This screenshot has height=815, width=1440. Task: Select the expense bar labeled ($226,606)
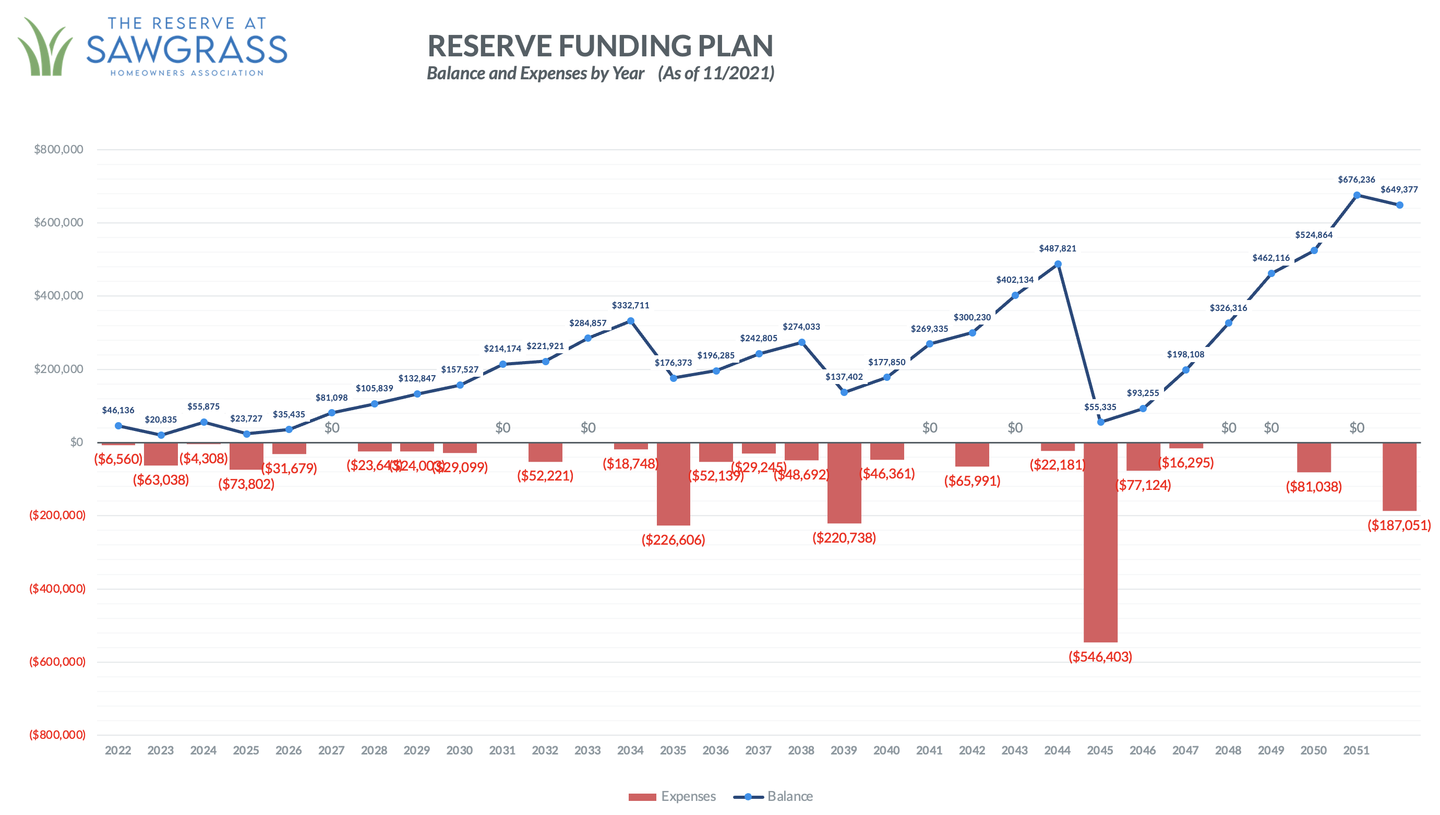coord(673,484)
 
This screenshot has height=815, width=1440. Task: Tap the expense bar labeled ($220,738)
coord(844,483)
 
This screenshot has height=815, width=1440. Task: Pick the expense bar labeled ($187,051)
coord(1399,476)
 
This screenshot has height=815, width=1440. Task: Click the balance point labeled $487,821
coord(1057,264)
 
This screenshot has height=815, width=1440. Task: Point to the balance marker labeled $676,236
coord(1356,195)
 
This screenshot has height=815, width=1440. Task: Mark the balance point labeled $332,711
coord(630,321)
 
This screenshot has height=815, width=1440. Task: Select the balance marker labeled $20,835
coord(161,435)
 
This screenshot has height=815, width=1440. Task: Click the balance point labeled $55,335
coord(1100,422)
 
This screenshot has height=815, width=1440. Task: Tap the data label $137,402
coord(844,377)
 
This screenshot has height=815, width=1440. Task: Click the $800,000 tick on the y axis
coord(58,149)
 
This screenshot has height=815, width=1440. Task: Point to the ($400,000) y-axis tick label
coord(57,589)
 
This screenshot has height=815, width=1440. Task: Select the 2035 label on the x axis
coord(673,750)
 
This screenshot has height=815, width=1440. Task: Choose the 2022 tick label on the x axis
coord(118,750)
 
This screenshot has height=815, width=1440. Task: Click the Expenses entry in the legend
coord(671,796)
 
